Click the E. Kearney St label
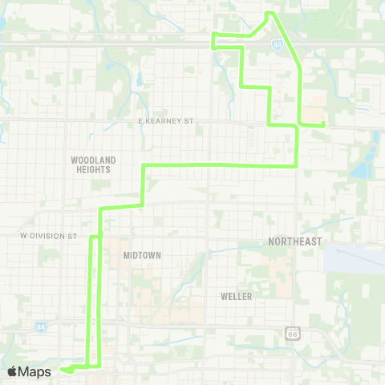point(167,121)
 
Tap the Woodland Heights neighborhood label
point(93,165)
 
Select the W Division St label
point(48,236)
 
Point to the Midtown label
point(142,255)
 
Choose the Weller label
point(236,296)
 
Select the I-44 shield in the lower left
point(40,326)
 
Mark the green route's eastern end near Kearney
point(322,124)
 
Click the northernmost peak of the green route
point(269,13)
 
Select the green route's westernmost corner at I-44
point(213,35)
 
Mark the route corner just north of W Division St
point(100,209)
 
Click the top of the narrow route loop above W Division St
point(95,237)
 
